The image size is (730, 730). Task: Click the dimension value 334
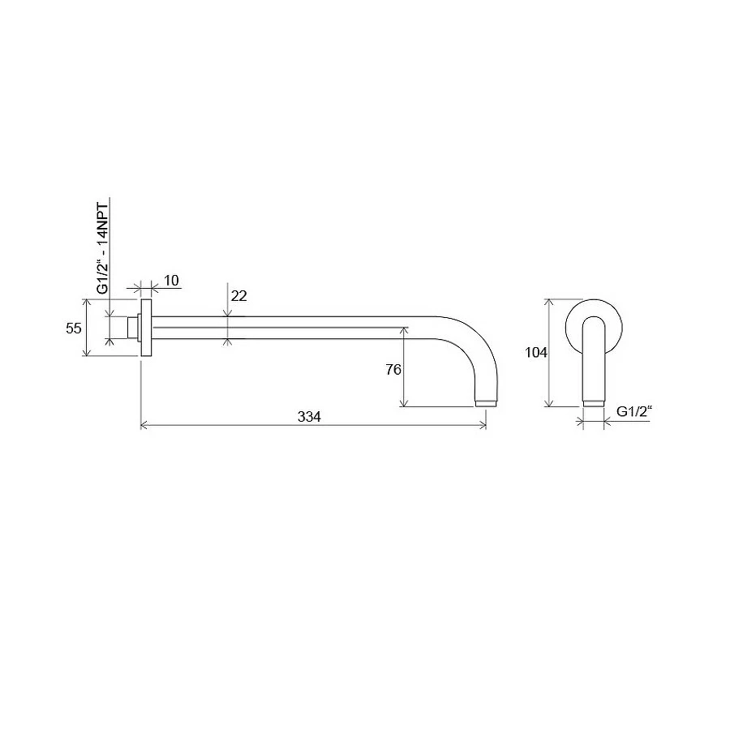click(x=309, y=417)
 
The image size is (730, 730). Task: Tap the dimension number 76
click(x=393, y=369)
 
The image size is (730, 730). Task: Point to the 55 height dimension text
click(x=74, y=328)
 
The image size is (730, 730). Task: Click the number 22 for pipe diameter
click(x=238, y=296)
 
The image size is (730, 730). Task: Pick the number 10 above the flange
click(x=171, y=281)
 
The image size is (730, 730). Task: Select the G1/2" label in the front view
click(x=635, y=411)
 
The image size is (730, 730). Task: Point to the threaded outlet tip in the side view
click(x=485, y=402)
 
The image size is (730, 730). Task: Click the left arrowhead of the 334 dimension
click(x=144, y=424)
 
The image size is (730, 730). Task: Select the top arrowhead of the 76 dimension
click(x=403, y=330)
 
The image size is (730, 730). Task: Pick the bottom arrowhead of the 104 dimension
click(x=551, y=404)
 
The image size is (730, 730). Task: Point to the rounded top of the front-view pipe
click(x=594, y=320)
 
